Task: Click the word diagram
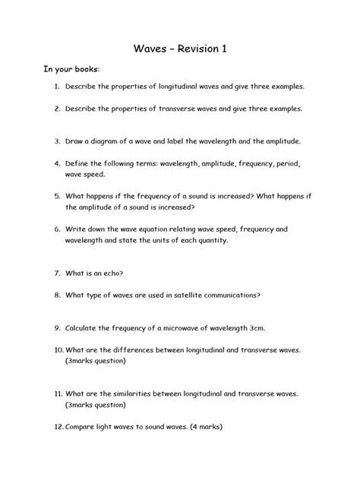(106, 141)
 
